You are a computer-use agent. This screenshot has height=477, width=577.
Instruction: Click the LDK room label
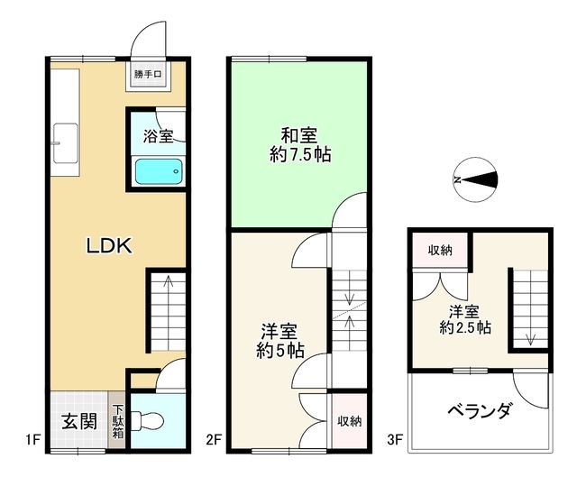[x=109, y=245]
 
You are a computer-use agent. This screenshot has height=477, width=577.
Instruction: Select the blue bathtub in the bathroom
[x=159, y=171]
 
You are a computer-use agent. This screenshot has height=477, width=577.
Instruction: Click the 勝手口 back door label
[x=146, y=74]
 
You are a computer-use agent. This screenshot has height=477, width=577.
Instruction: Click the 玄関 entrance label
[x=79, y=420]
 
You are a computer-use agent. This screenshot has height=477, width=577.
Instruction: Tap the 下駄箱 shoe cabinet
[x=118, y=421]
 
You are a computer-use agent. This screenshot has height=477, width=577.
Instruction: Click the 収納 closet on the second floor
[x=349, y=420]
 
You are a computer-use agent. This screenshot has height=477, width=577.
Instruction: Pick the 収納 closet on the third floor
[x=440, y=250]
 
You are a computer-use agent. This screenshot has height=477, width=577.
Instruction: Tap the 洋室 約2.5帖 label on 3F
[x=465, y=320]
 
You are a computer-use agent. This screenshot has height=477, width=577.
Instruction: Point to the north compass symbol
[x=475, y=179]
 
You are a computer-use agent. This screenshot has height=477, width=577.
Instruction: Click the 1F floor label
[x=33, y=441]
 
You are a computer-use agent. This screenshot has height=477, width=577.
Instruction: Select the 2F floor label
[x=214, y=441]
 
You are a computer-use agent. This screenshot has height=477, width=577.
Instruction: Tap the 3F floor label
[x=393, y=441]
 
